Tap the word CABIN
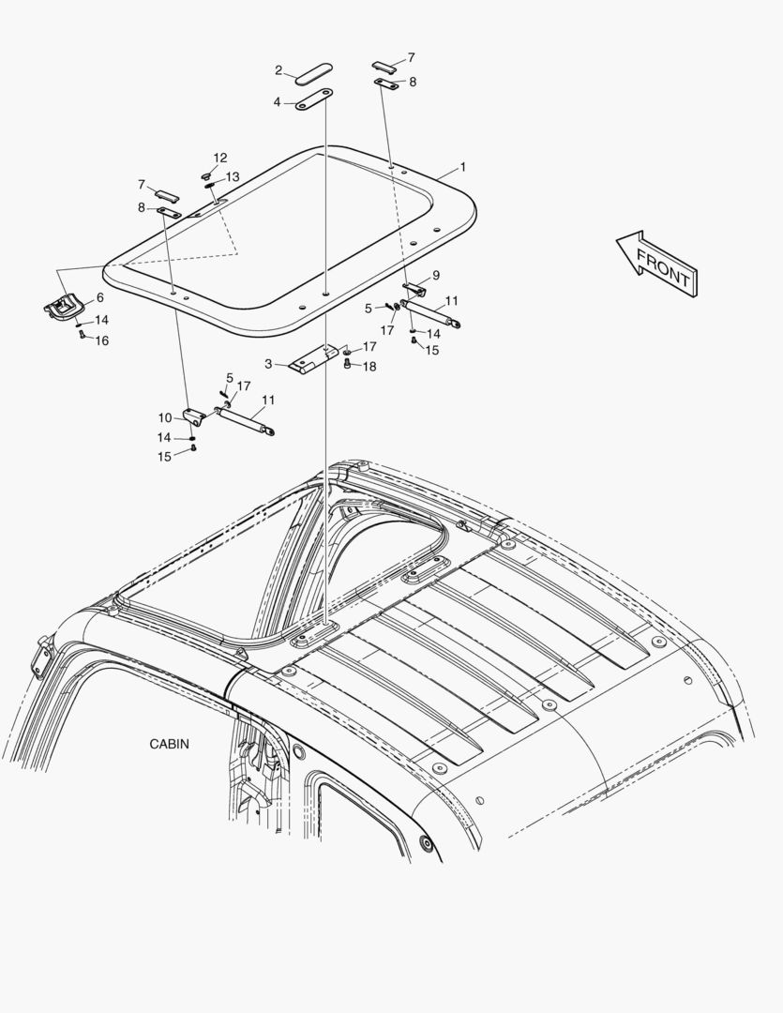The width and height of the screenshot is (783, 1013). (170, 744)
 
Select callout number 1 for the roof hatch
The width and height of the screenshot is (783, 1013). (462, 167)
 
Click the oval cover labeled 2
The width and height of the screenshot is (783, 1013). (314, 74)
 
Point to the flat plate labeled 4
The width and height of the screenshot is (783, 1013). (314, 100)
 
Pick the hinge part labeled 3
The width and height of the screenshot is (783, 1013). (314, 358)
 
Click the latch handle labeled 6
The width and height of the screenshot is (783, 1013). (62, 306)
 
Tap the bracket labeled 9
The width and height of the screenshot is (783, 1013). (414, 289)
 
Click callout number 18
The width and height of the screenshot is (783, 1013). (369, 367)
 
